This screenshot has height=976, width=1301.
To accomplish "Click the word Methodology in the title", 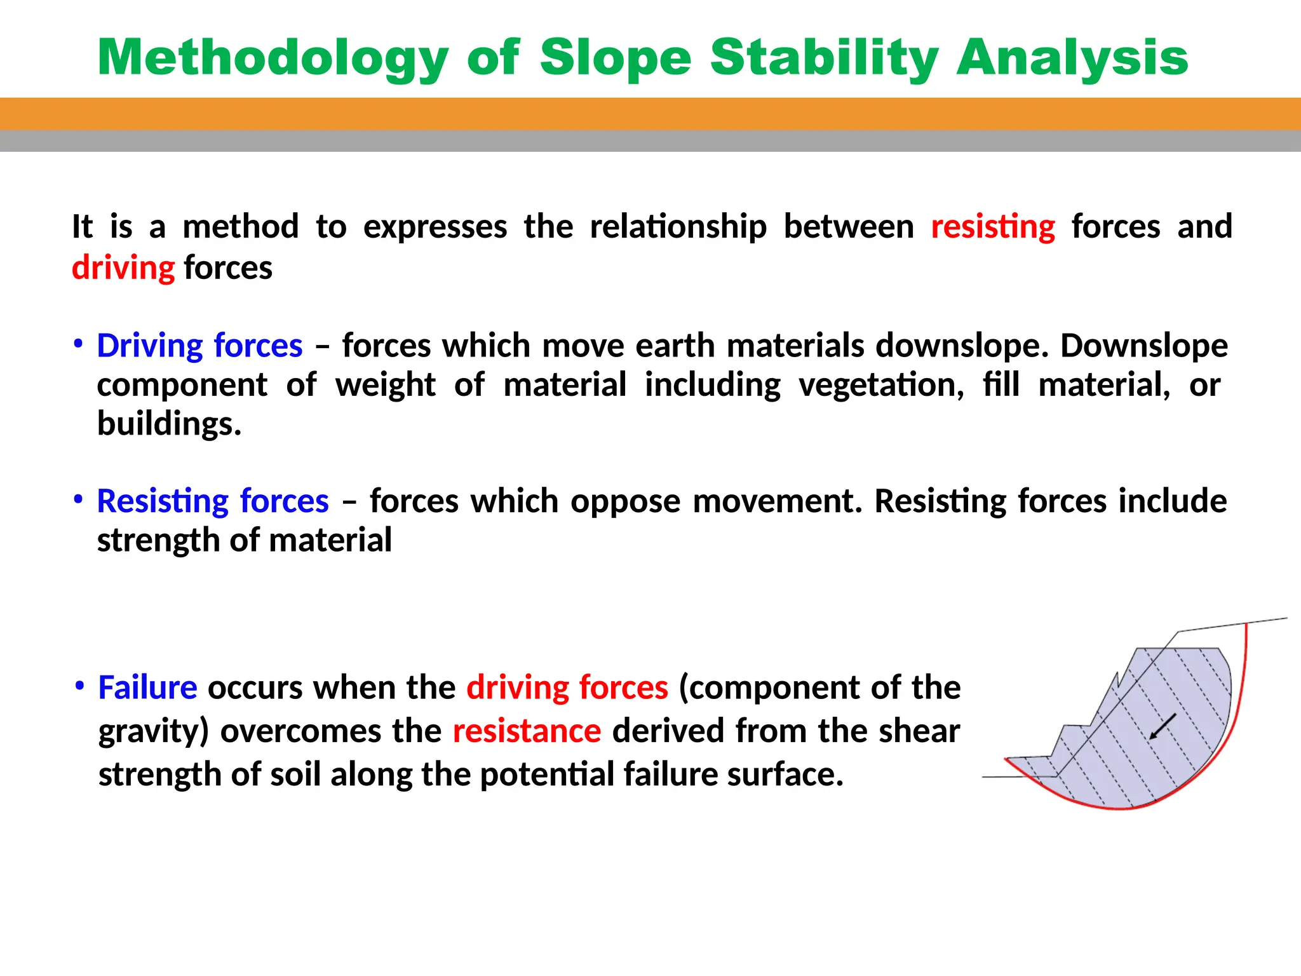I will [x=273, y=58].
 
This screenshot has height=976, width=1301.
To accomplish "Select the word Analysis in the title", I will [x=1072, y=58].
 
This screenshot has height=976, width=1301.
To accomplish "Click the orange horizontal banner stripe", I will [x=650, y=114].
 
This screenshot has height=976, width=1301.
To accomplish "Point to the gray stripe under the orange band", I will [x=650, y=141].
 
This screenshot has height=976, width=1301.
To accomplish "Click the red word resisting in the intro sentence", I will [x=993, y=227].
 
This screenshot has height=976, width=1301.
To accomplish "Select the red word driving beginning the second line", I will [x=123, y=268].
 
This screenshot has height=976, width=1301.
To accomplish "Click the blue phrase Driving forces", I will [x=199, y=346].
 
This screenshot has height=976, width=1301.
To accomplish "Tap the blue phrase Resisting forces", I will [x=213, y=501].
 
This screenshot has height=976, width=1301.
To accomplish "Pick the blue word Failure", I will [x=147, y=688].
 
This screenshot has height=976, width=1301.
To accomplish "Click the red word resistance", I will [x=527, y=731].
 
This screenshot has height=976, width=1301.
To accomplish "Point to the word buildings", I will [x=169, y=424].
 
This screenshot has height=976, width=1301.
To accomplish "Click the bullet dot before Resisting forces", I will [x=78, y=499].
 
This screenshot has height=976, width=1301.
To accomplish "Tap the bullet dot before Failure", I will [x=79, y=686].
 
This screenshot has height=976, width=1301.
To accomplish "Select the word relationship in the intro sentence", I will [x=678, y=227].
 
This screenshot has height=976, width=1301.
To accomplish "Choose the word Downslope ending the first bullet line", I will [x=1143, y=346].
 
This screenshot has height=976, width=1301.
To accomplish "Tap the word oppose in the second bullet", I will [x=625, y=501].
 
